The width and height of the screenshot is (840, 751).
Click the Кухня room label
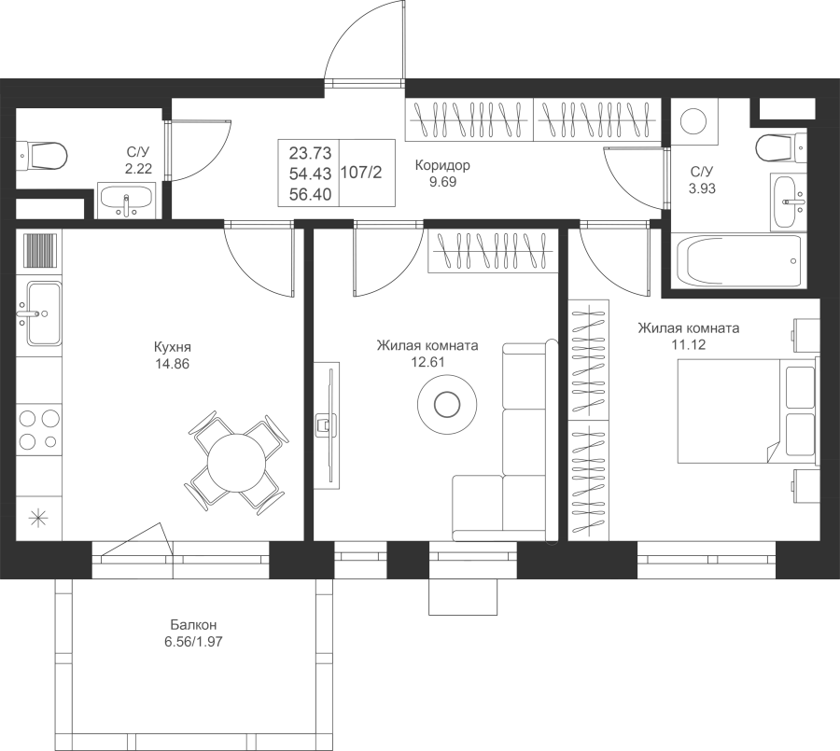[172, 346]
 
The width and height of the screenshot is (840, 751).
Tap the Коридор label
[442, 165]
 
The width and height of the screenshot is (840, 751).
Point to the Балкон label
[193, 624]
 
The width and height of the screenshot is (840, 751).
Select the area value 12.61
[427, 362]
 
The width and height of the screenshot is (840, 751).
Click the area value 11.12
[689, 344]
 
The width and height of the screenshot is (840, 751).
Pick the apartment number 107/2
[361, 173]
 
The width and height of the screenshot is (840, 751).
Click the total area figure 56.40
[310, 194]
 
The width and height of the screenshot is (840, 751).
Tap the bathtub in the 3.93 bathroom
[739, 261]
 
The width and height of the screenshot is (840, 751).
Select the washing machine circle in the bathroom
[693, 120]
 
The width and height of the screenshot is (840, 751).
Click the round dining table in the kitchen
[236, 463]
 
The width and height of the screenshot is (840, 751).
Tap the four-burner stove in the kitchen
[38, 429]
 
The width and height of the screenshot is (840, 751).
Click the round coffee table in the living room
[446, 403]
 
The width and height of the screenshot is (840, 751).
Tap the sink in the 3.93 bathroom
[788, 202]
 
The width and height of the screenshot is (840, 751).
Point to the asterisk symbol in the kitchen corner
[38, 518]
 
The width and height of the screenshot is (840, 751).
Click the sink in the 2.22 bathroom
[126, 200]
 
